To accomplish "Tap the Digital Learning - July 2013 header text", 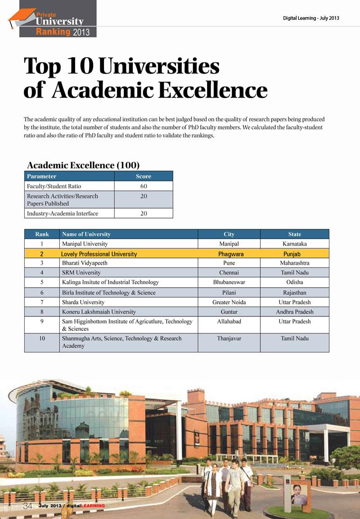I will pyautogui.click(x=310, y=18).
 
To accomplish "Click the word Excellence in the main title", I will pyautogui.click(x=212, y=90).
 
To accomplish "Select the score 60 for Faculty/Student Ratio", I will pyautogui.click(x=144, y=186).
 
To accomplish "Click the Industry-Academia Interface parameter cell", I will pyautogui.click(x=63, y=213).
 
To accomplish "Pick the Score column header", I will pyautogui.click(x=144, y=176).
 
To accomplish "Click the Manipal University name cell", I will pyautogui.click(x=85, y=244).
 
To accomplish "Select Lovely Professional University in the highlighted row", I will pyautogui.click(x=99, y=254).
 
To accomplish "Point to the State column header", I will pyautogui.click(x=295, y=234).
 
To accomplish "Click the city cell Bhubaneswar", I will pyautogui.click(x=229, y=282).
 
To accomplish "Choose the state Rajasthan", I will pyautogui.click(x=295, y=293).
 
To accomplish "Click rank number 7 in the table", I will pyautogui.click(x=41, y=302).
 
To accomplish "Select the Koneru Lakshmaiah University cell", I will pyautogui.click(x=99, y=311).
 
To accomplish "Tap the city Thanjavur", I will pyautogui.click(x=229, y=338).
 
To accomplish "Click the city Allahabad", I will pyautogui.click(x=229, y=321).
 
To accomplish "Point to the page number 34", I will pyautogui.click(x=28, y=506).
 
